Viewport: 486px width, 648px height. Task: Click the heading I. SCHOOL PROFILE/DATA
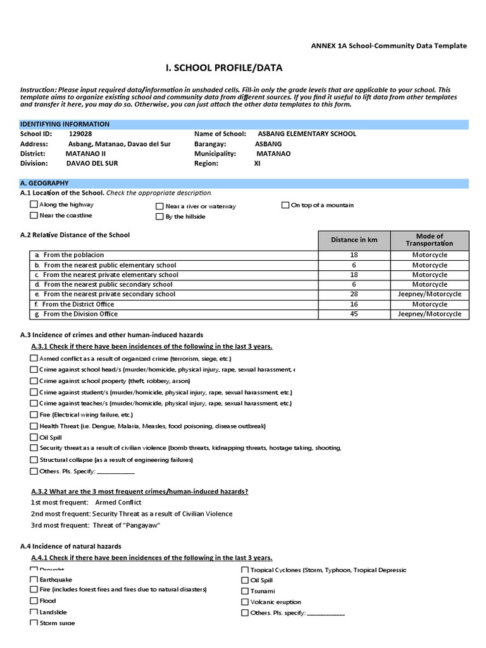click(x=224, y=68)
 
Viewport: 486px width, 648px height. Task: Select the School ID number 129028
click(x=80, y=134)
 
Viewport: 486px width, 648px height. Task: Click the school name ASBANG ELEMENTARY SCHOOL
click(x=307, y=134)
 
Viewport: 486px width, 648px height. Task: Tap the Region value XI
click(x=257, y=163)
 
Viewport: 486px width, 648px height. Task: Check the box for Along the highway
click(x=34, y=204)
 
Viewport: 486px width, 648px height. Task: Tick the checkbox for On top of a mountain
click(x=285, y=205)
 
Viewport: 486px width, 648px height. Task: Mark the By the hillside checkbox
click(x=159, y=216)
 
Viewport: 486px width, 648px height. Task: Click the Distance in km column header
click(x=354, y=240)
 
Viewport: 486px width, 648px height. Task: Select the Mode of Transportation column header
click(x=430, y=240)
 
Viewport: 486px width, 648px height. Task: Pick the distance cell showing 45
click(x=354, y=315)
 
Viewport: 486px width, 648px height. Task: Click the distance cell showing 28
click(x=354, y=294)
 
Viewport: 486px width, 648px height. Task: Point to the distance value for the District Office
click(x=354, y=304)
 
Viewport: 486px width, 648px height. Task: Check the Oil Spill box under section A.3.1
click(x=34, y=437)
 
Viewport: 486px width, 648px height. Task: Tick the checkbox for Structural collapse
click(x=34, y=459)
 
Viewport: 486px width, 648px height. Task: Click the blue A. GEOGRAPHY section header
click(x=244, y=184)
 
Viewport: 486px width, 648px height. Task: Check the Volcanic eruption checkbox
click(x=245, y=602)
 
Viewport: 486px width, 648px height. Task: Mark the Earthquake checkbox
click(x=34, y=579)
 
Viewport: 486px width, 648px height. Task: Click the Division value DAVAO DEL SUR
click(x=92, y=163)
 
